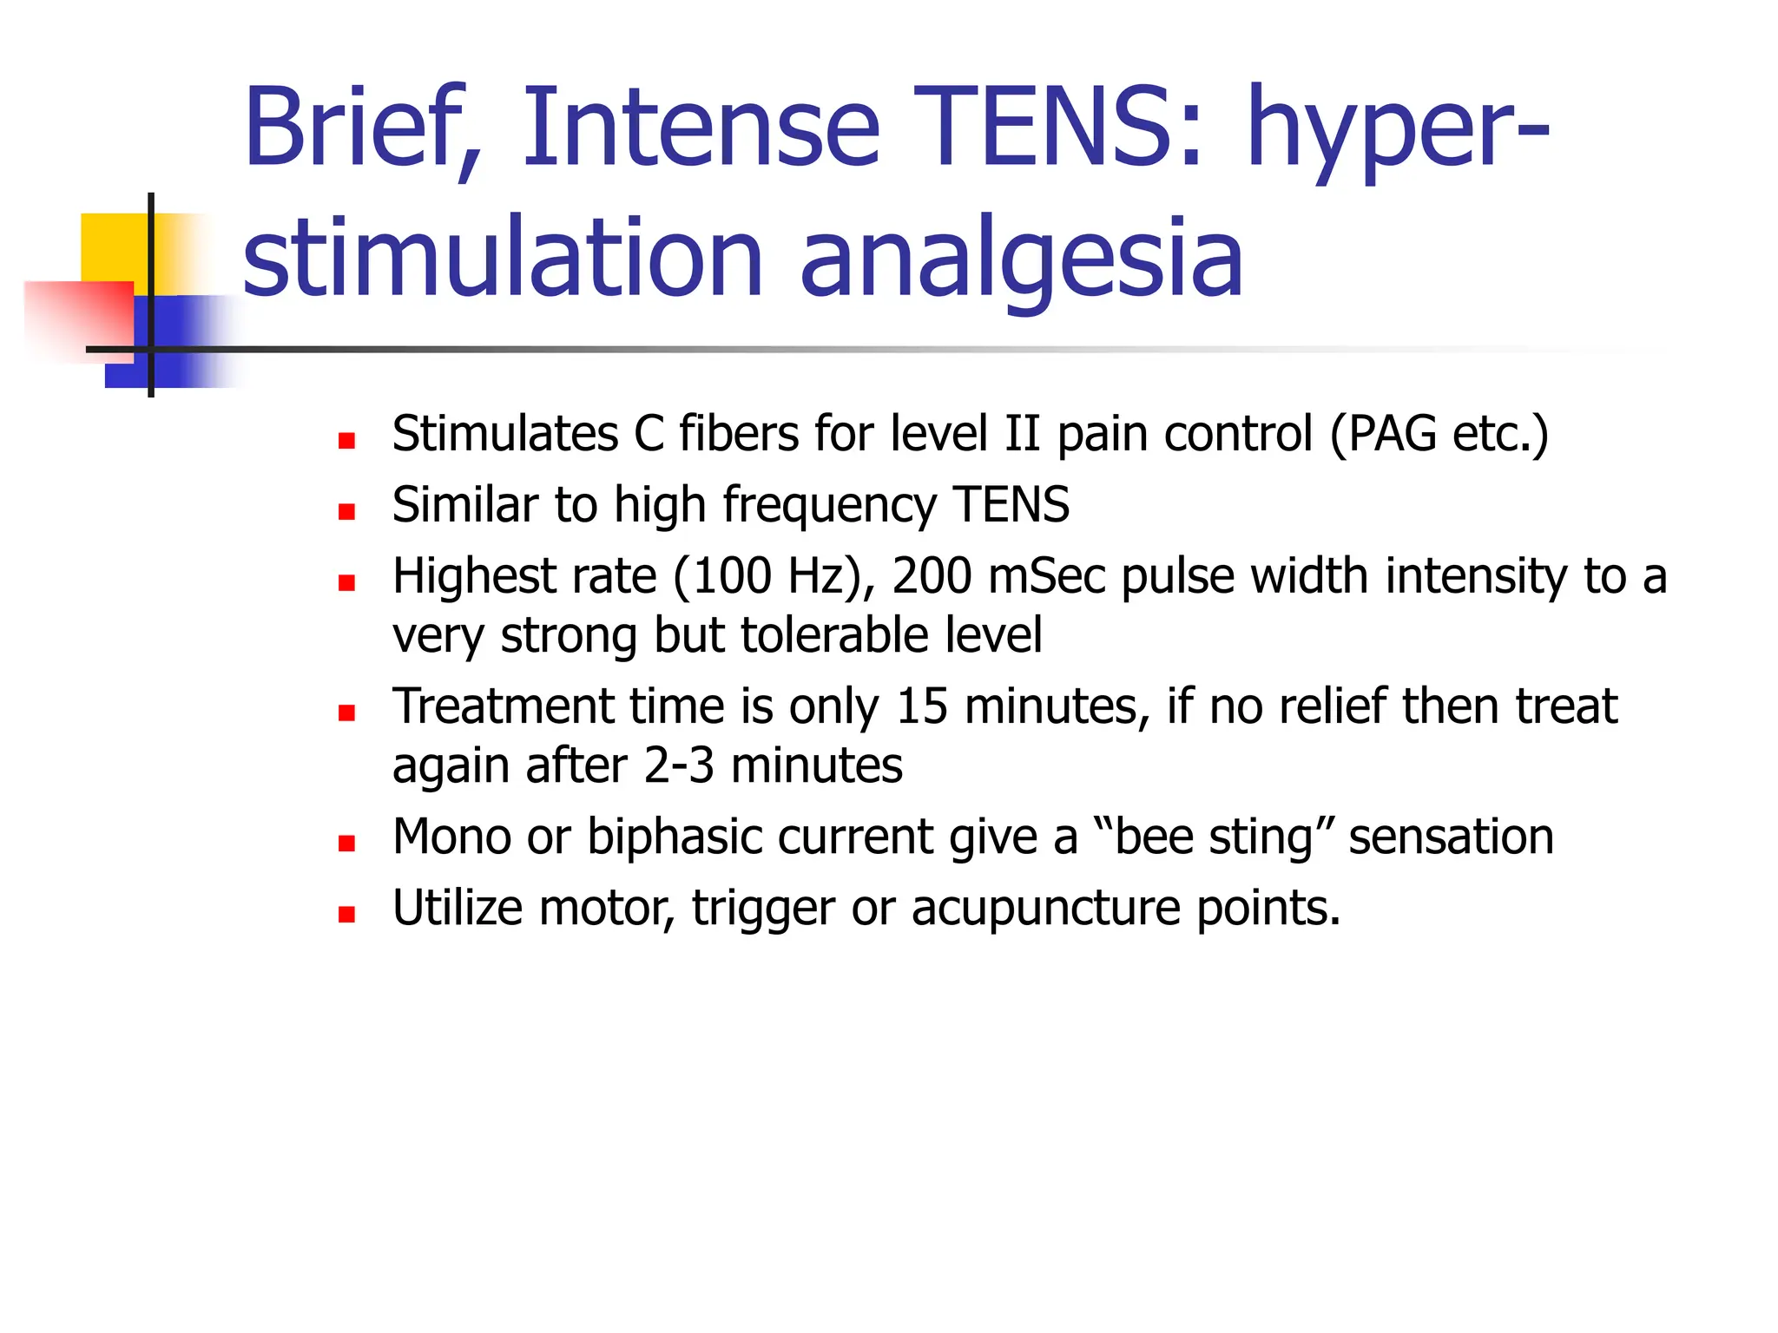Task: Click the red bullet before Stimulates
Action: click(347, 441)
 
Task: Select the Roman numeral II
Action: click(1022, 433)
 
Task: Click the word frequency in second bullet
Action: click(829, 505)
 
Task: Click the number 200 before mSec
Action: click(932, 576)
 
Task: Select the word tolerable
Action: click(817, 635)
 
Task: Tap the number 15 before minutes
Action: click(921, 706)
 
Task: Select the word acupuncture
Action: click(1046, 909)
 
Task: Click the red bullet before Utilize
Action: click(347, 914)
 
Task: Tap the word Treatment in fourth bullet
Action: click(504, 706)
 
